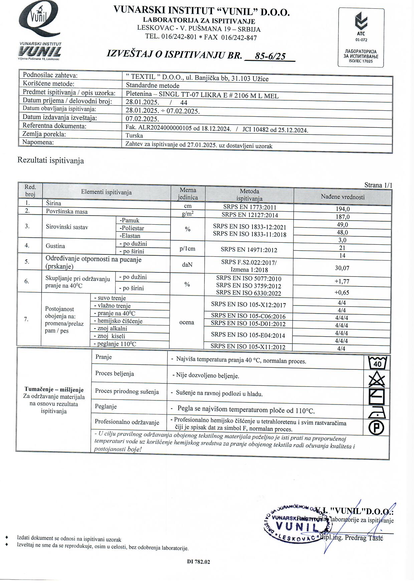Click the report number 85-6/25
[270, 56]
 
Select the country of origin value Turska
[134, 136]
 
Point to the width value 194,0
[343, 209]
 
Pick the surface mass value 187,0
[343, 217]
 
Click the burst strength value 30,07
[343, 268]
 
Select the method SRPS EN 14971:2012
[249, 250]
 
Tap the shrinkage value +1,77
[342, 281]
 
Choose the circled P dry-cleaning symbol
[376, 428]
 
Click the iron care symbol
[377, 413]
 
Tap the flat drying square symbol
[377, 397]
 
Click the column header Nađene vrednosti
[343, 197]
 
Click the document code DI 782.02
[199, 562]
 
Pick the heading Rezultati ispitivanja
[51, 161]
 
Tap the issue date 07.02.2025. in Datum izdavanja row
[142, 119]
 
